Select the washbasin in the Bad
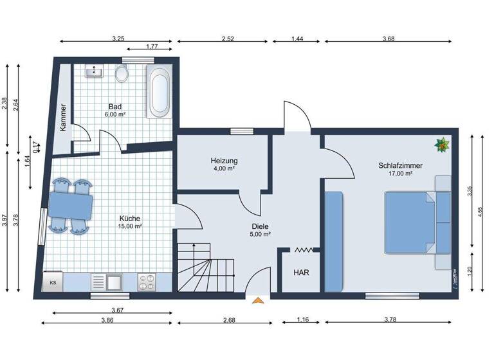pyautogui.click(x=95, y=71)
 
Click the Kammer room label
pyautogui.click(x=63, y=118)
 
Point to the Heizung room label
pyautogui.click(x=224, y=161)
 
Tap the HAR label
pyautogui.click(x=301, y=273)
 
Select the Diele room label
pyautogui.click(x=261, y=226)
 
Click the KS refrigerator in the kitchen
pyautogui.click(x=53, y=282)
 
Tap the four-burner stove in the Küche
pyautogui.click(x=147, y=282)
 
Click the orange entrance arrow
pyautogui.click(x=259, y=300)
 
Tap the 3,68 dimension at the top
pyautogui.click(x=388, y=39)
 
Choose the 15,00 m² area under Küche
pyautogui.click(x=130, y=226)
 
